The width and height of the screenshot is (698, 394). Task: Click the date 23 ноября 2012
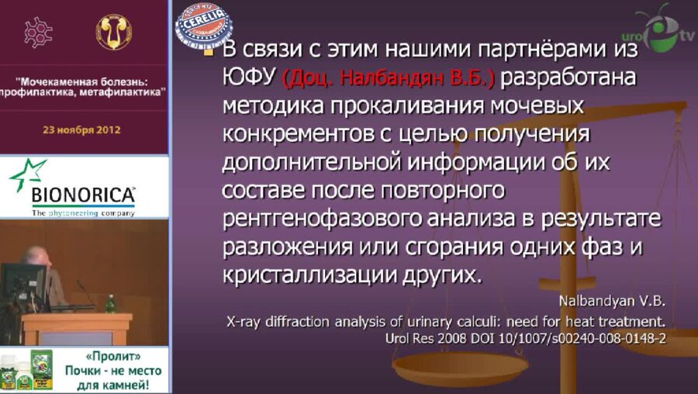[81, 130]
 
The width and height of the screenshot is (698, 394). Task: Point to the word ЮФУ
[249, 78]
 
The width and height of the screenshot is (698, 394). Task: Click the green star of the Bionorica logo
[26, 172]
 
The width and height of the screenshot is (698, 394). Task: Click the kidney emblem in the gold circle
[113, 32]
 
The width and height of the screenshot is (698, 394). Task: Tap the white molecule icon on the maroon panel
[39, 33]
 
